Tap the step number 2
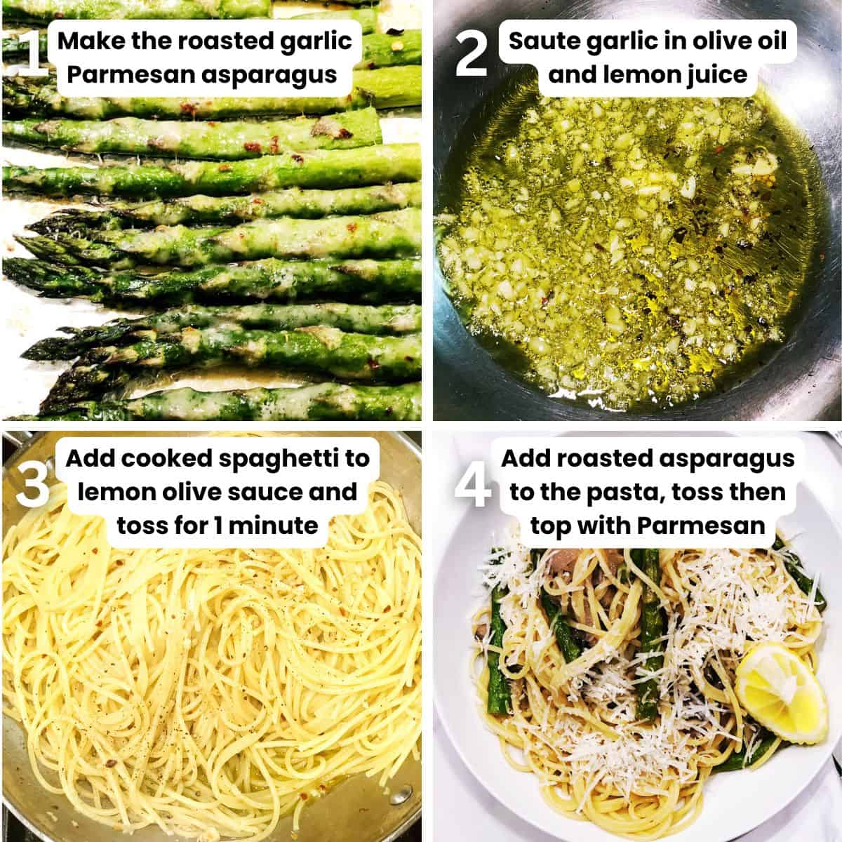pyautogui.click(x=471, y=56)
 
